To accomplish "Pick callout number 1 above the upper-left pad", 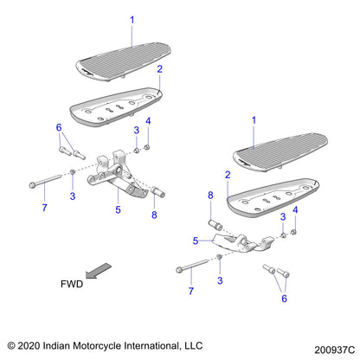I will pyautogui.click(x=132, y=18).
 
